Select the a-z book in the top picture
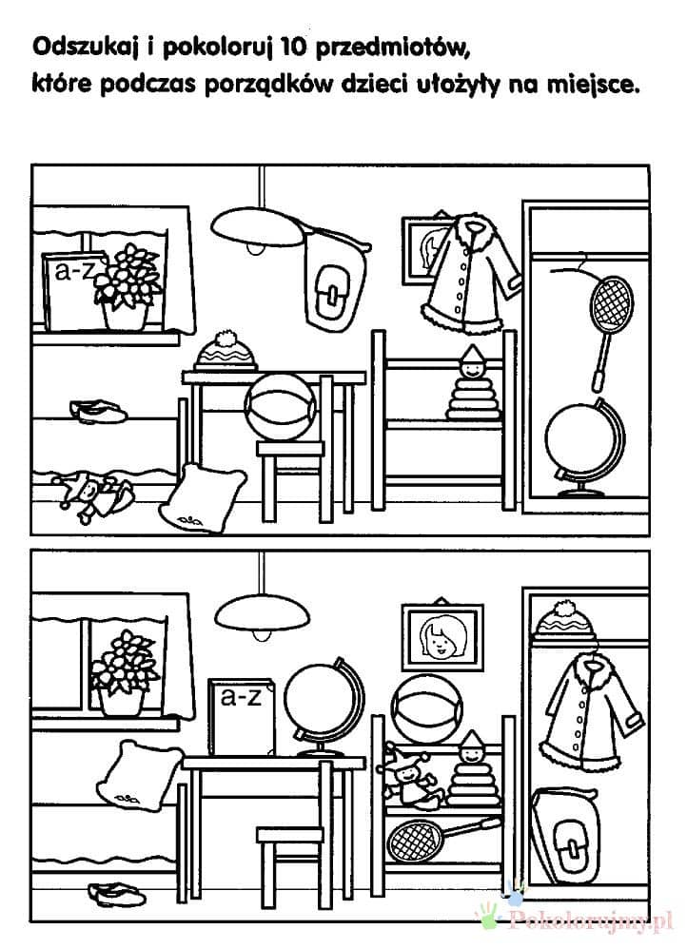tap(70, 291)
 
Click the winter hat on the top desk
tap(226, 352)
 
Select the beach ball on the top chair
tap(280, 407)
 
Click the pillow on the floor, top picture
tap(203, 497)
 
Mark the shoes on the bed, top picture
tap(97, 412)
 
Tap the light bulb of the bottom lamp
tap(262, 633)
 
